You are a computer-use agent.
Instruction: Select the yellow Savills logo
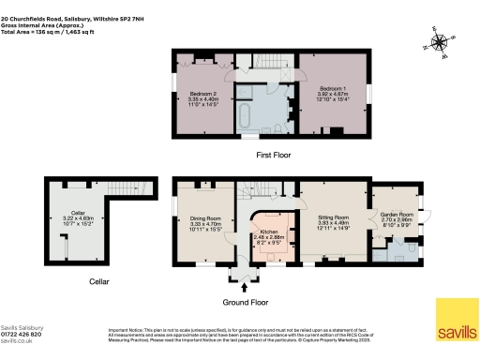457,320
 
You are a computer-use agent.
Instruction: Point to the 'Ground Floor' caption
247,303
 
